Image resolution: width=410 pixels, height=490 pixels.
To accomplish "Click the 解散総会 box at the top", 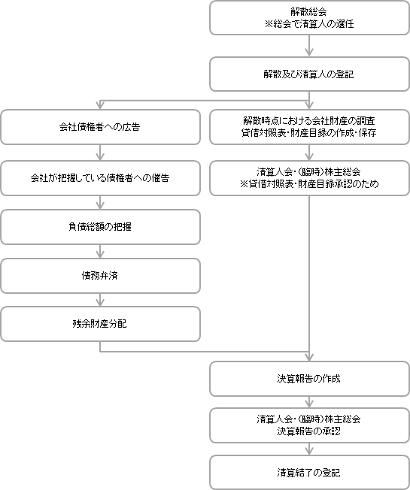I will pyautogui.click(x=309, y=17).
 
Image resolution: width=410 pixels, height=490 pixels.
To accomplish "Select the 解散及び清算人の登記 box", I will pyautogui.click(x=309, y=74).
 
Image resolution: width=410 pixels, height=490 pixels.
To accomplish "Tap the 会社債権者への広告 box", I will pyautogui.click(x=100, y=127).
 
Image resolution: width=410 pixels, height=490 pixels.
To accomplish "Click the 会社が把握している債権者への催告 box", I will pyautogui.click(x=100, y=178).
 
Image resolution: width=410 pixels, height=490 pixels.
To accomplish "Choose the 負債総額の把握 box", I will pyautogui.click(x=100, y=226).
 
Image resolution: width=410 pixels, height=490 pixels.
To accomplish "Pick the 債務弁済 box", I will pyautogui.click(x=100, y=276).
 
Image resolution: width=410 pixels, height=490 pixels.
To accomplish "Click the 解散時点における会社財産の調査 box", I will pyautogui.click(x=309, y=127).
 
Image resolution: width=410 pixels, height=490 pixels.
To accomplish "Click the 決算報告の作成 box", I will pyautogui.click(x=309, y=378).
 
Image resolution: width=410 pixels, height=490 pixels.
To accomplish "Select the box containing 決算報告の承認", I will pyautogui.click(x=309, y=425).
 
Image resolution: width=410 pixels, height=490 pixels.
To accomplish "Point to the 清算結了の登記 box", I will pyautogui.click(x=309, y=473).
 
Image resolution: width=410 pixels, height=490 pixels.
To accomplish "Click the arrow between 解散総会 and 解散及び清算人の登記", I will pyautogui.click(x=309, y=46).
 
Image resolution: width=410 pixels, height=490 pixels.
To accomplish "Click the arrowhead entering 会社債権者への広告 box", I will pyautogui.click(x=100, y=106).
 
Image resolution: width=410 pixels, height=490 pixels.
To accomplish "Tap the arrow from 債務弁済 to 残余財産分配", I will pyautogui.click(x=100, y=301).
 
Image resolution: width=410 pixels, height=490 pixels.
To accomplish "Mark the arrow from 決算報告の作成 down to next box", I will pyautogui.click(x=309, y=402).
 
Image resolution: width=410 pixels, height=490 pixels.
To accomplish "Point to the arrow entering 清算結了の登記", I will pyautogui.click(x=309, y=449).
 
